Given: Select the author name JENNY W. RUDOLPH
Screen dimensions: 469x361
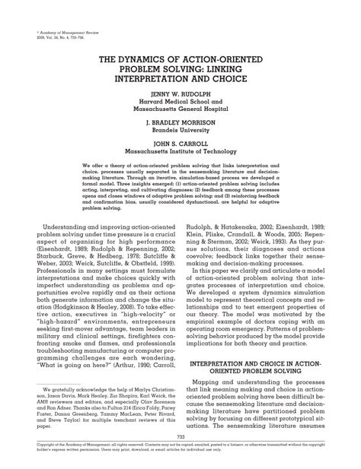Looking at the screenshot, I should click(180, 95).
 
